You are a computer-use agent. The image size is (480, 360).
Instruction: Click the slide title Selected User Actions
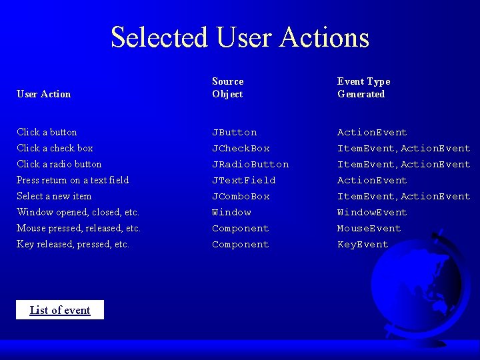point(240,37)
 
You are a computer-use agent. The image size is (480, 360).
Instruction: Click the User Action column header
point(43,94)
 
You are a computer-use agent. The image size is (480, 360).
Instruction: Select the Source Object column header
point(228,88)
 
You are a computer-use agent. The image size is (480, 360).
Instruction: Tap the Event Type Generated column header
point(363,88)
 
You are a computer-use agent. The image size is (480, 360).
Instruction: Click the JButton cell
point(234,133)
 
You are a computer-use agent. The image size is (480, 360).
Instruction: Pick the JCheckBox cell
point(241,149)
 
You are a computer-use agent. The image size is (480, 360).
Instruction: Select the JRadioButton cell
point(250,165)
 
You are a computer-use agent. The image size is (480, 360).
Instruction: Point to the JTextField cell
point(243,181)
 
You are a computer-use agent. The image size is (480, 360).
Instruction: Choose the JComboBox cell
point(241,197)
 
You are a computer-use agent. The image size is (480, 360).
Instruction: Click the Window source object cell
point(231,213)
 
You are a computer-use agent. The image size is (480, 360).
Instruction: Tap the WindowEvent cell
point(371,213)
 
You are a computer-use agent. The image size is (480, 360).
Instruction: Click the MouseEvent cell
point(369,229)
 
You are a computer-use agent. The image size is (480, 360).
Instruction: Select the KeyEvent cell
point(362,245)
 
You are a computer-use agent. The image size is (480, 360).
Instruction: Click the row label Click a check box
point(55,148)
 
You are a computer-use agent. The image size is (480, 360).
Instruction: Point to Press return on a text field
point(73,180)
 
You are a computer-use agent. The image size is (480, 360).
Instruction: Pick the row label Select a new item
point(54,196)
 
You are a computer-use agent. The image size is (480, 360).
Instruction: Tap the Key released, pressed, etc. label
point(73,244)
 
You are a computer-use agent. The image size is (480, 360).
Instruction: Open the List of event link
point(60,310)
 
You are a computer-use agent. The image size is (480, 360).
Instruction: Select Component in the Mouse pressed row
point(240,229)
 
